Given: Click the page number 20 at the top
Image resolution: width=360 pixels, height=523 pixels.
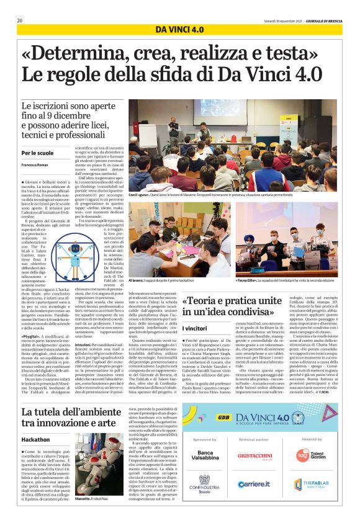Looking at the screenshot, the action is point(20,20).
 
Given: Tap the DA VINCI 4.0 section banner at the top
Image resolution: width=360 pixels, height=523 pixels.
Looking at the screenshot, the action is point(179,29).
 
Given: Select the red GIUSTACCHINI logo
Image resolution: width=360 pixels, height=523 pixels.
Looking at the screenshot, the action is point(254,456).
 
